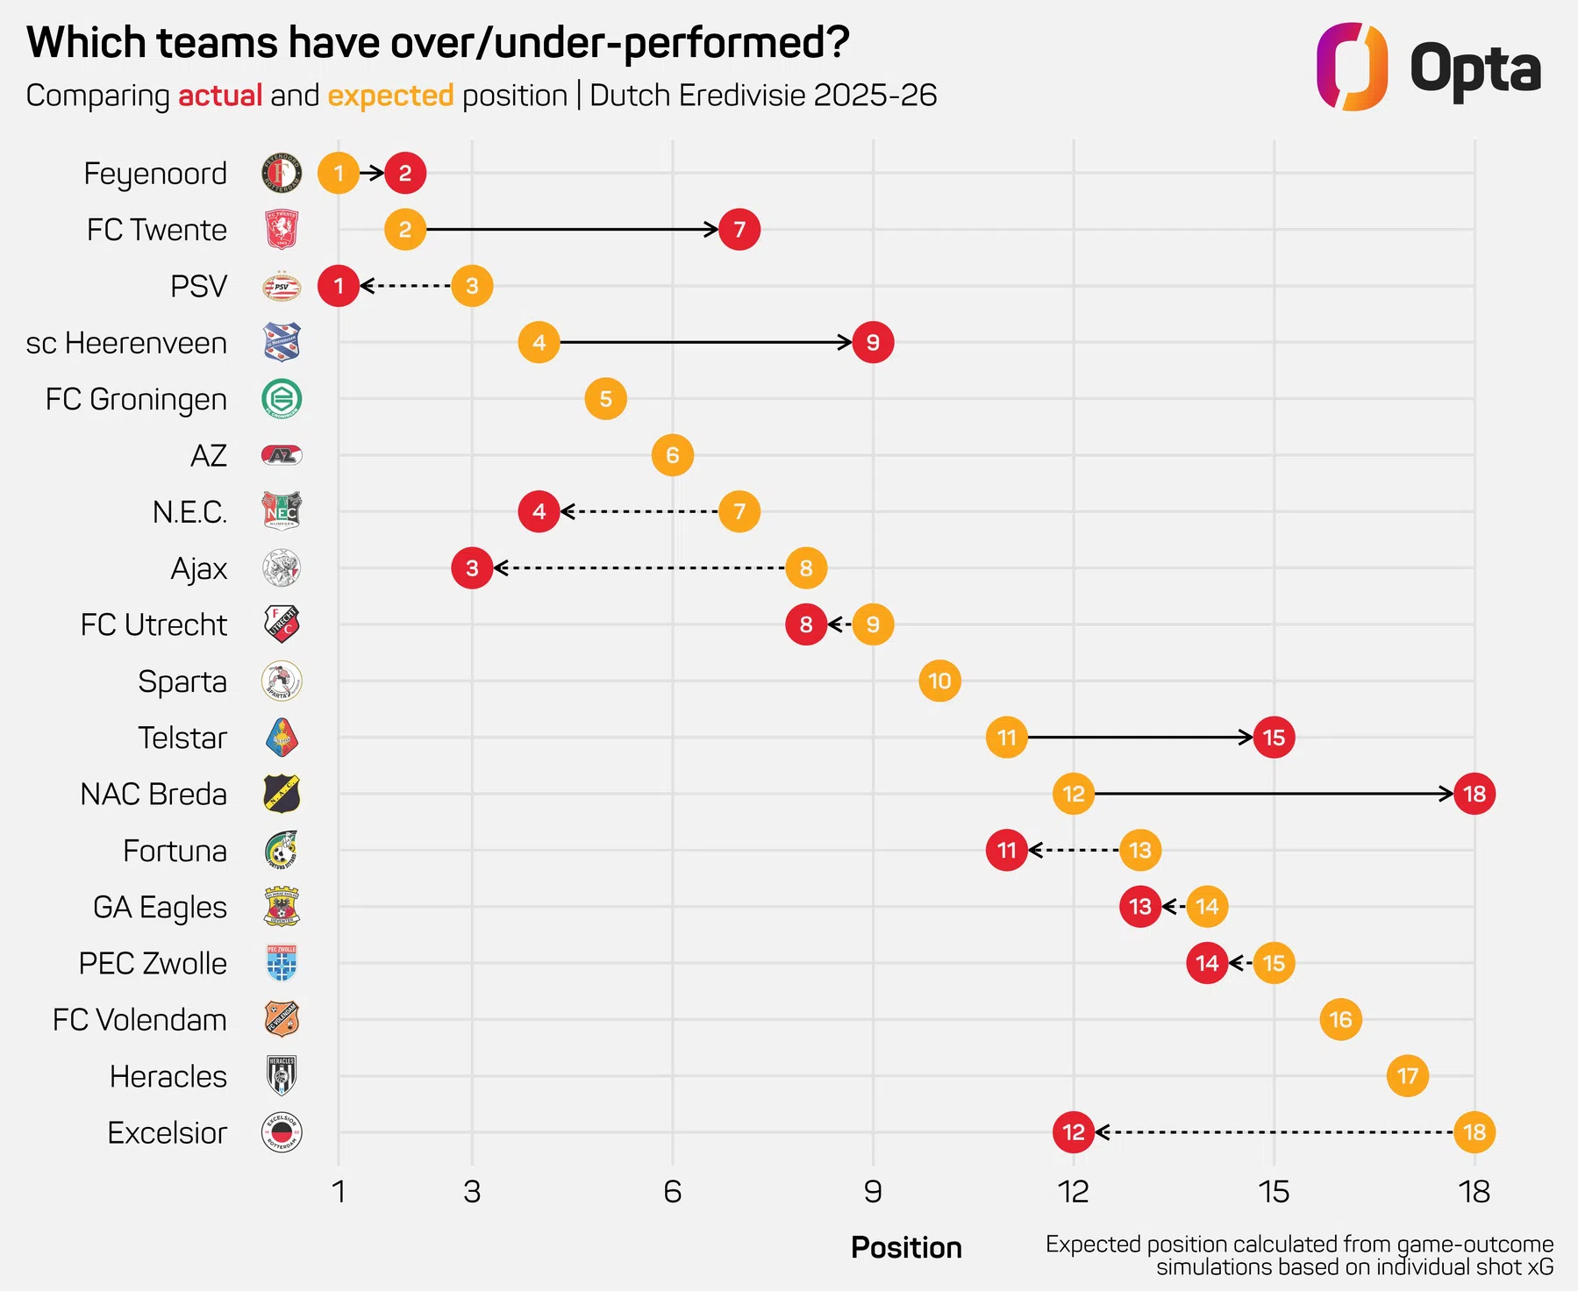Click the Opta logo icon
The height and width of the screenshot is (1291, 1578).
click(1352, 68)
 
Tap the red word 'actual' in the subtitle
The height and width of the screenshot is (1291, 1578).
click(220, 96)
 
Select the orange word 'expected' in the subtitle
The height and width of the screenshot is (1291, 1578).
click(390, 96)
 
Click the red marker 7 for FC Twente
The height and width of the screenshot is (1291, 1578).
click(739, 230)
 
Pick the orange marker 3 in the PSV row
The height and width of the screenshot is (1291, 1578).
click(472, 286)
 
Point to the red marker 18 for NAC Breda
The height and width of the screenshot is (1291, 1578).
click(1474, 794)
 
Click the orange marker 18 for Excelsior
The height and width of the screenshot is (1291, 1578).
click(1474, 1132)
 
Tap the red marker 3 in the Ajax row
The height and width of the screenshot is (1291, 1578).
click(472, 568)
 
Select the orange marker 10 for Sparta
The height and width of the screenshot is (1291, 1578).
click(939, 681)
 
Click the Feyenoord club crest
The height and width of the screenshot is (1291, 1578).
click(282, 173)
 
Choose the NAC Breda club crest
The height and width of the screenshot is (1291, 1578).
click(282, 794)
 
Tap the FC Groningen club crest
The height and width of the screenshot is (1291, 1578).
click(282, 399)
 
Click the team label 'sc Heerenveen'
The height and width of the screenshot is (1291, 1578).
click(126, 343)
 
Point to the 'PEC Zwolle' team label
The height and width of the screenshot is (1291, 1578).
click(153, 963)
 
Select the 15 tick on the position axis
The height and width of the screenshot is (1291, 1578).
click(1274, 1192)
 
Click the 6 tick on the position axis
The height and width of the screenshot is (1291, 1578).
click(672, 1192)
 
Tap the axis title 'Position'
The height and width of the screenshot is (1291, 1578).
click(906, 1247)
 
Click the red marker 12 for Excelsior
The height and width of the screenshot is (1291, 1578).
click(1074, 1132)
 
